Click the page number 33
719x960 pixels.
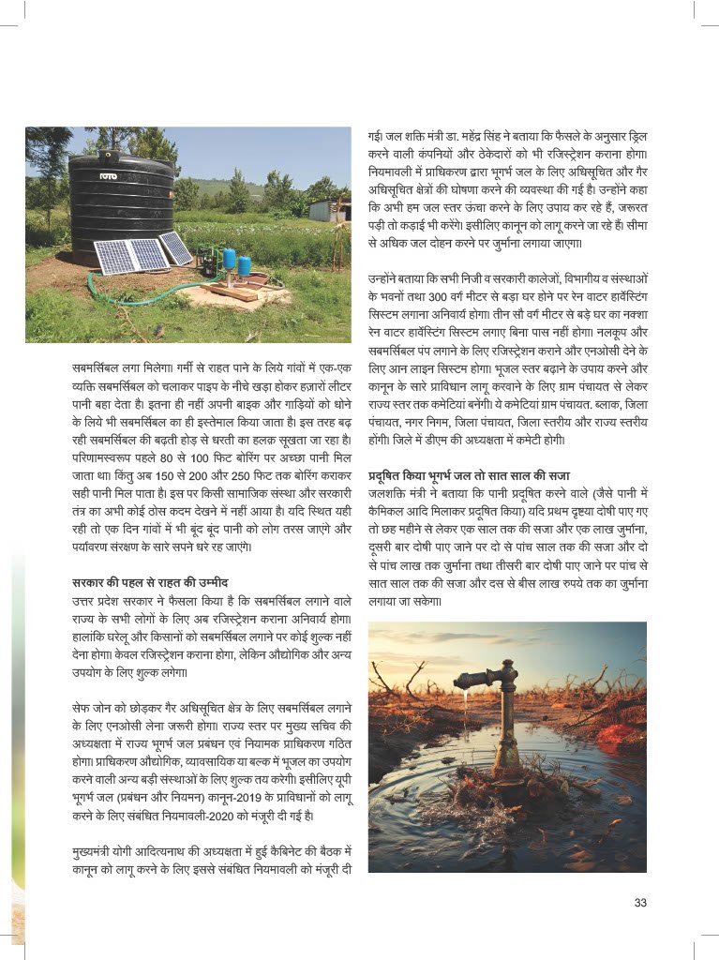click(640, 903)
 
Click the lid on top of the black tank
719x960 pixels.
click(123, 157)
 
